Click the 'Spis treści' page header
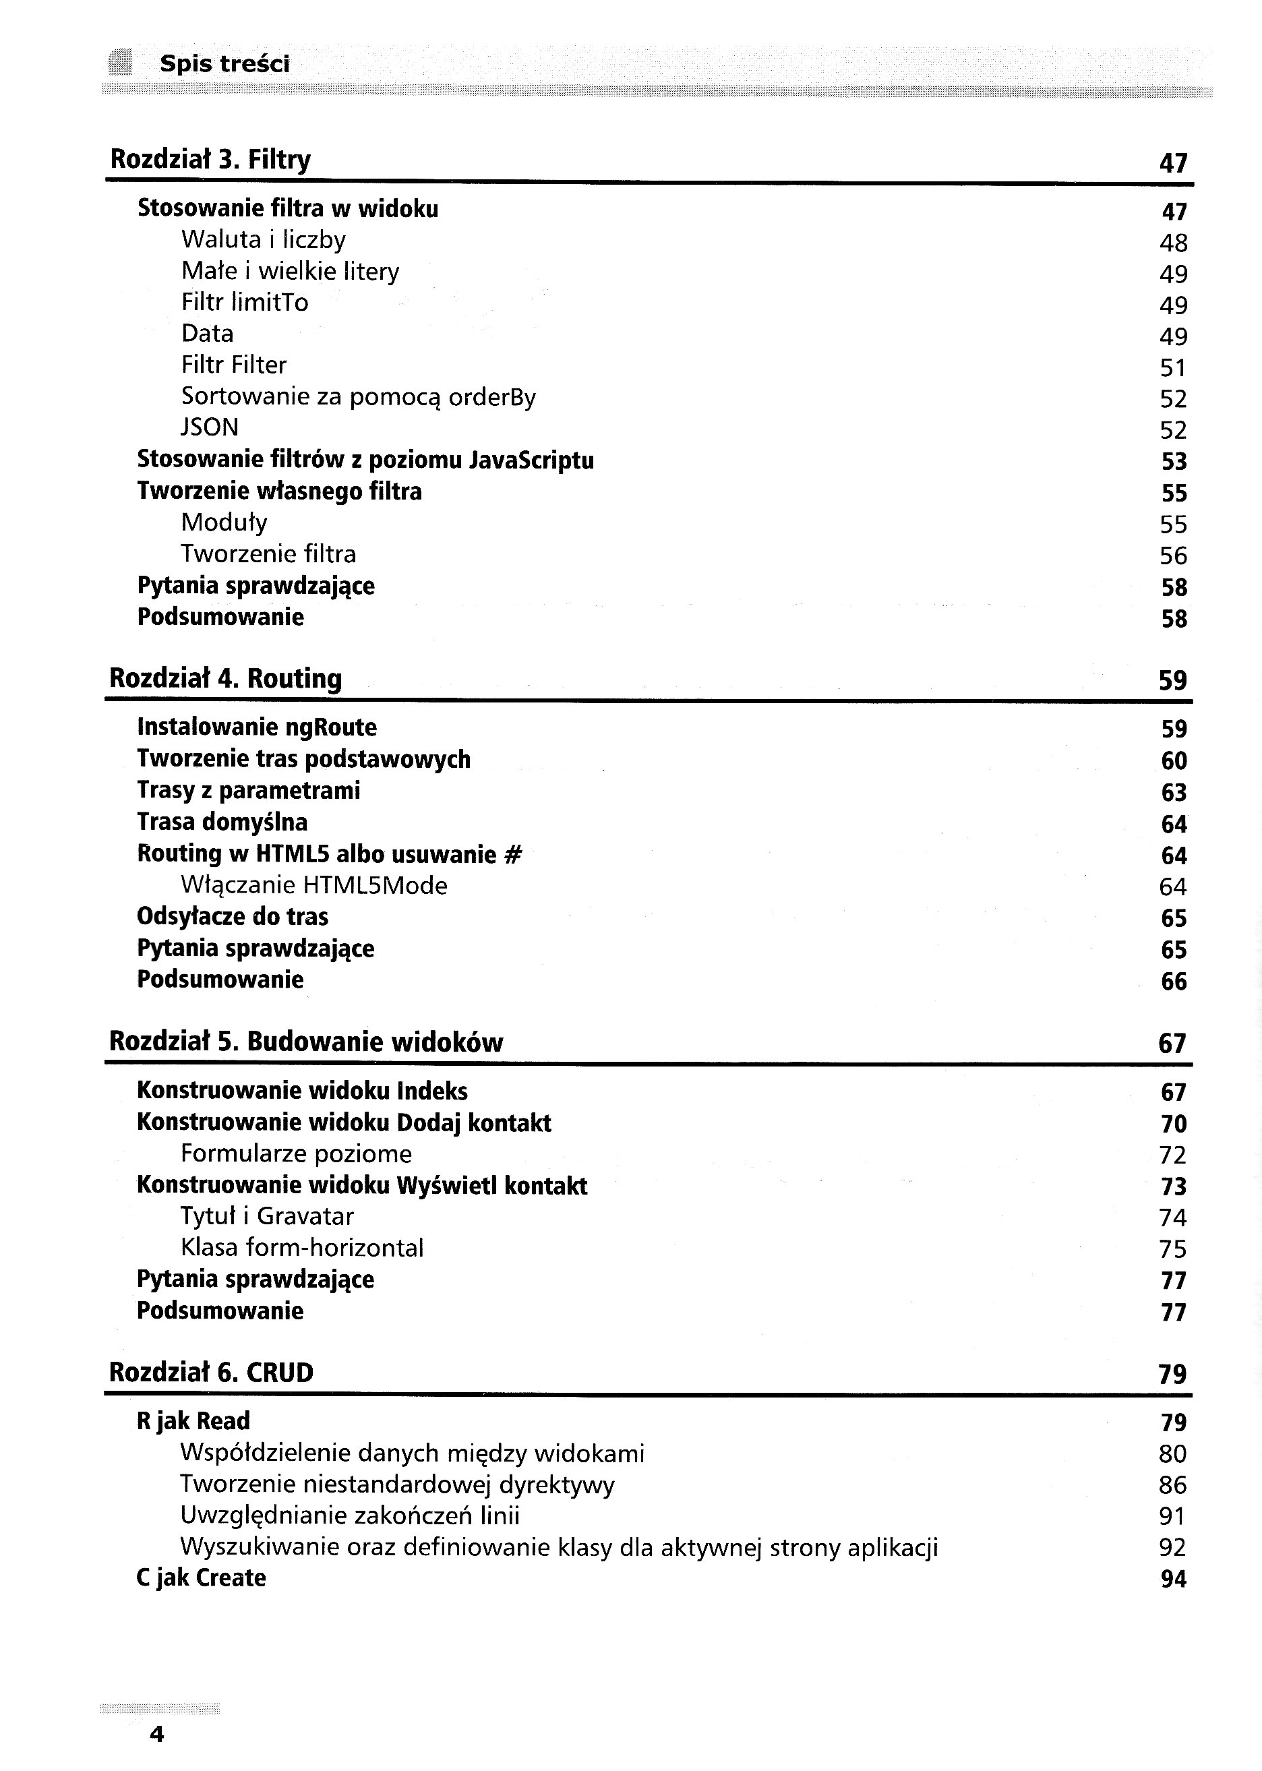tap(224, 64)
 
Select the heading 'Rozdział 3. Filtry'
tap(210, 159)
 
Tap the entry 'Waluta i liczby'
tap(264, 240)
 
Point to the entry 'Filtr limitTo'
tap(245, 302)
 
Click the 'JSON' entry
tap(210, 427)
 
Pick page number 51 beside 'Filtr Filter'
tap(1172, 367)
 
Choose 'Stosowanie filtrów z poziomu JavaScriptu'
tap(365, 460)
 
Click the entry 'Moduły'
tap(224, 523)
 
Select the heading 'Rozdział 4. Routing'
tap(225, 678)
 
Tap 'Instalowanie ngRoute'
tap(256, 727)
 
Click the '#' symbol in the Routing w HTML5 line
tap(513, 855)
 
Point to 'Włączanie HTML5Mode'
tap(314, 886)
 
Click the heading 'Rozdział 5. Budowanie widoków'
tap(306, 1042)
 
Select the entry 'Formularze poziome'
tap(296, 1154)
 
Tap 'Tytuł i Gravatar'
tap(268, 1216)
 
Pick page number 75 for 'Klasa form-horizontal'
tap(1172, 1249)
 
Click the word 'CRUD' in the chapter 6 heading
tap(280, 1373)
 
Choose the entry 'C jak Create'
tap(202, 1578)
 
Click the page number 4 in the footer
tap(157, 1735)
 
